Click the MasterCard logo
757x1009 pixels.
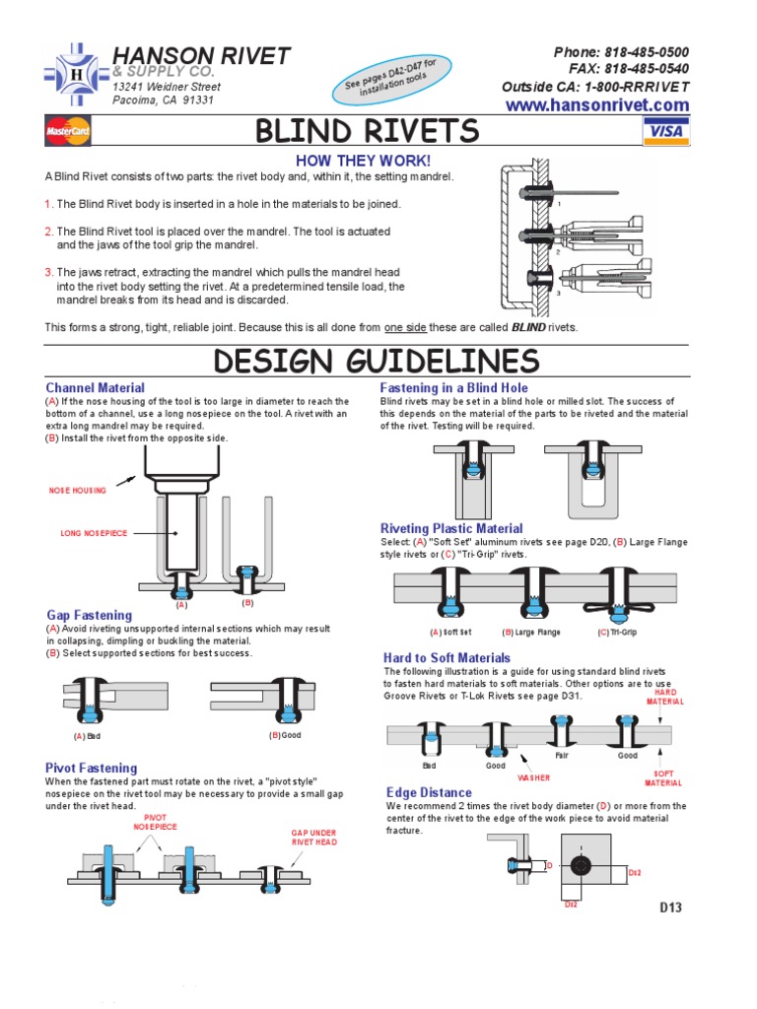67,131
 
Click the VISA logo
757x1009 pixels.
666,130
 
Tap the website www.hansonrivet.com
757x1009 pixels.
597,105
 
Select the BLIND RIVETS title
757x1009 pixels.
368,131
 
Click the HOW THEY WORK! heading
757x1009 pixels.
365,161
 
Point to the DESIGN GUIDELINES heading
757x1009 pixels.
378,361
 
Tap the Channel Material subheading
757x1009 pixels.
95,388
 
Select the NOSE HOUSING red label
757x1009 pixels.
78,490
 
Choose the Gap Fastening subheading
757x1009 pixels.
89,615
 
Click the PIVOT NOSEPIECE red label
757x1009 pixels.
155,822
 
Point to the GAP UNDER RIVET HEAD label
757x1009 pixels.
313,838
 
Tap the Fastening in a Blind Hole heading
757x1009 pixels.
454,388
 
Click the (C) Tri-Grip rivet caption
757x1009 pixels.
617,633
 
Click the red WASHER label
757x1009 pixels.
533,777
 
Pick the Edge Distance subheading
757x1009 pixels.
429,792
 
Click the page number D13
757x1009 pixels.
670,908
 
